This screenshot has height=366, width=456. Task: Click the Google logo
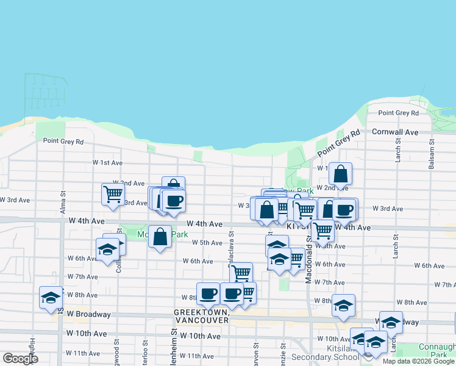20,359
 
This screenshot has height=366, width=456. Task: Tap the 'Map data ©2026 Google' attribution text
418,361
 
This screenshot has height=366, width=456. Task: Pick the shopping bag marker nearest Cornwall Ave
341,174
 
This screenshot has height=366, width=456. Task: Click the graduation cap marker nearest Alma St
51,298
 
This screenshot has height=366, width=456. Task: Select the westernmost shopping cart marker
113,194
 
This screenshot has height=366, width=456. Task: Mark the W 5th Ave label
207,243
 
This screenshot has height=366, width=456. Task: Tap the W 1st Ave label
107,163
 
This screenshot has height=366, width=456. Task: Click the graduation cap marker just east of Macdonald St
344,306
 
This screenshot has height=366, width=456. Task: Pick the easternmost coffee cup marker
345,209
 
